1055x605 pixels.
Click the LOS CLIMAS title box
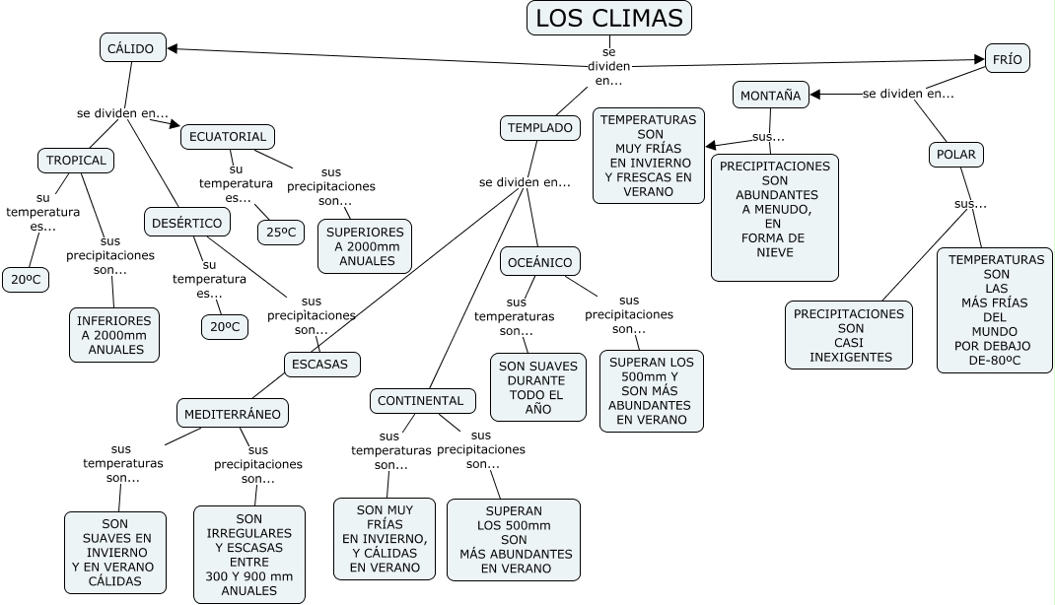point(608,19)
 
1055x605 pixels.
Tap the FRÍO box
point(1007,59)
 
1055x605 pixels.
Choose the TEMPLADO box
point(540,127)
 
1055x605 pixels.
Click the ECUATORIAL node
point(227,136)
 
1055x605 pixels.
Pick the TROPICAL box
point(76,160)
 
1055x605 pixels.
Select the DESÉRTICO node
point(187,223)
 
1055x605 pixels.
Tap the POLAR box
point(956,154)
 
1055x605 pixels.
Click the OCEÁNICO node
point(539,261)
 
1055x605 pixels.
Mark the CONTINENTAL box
point(421,401)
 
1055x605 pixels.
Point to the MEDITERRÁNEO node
point(233,414)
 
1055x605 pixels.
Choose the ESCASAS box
point(320,364)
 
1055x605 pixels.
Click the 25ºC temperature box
point(280,233)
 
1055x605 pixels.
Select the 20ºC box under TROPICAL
point(26,280)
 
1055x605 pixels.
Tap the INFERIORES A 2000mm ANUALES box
point(115,335)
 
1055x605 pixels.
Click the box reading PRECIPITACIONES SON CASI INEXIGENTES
point(849,335)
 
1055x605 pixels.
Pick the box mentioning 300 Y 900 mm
point(249,554)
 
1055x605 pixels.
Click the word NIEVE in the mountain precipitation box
point(775,252)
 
